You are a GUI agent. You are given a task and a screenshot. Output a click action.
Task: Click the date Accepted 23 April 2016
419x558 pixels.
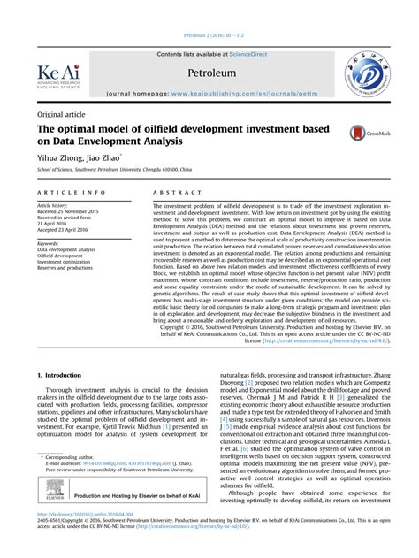click(x=65, y=230)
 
